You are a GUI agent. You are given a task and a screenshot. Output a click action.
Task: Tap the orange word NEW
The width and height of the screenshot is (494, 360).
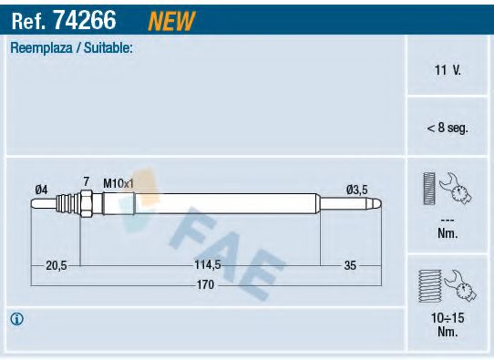170,17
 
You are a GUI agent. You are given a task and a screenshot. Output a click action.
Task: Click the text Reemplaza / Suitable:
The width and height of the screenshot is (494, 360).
71,47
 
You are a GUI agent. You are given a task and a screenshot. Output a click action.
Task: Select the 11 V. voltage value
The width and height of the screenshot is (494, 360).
448,69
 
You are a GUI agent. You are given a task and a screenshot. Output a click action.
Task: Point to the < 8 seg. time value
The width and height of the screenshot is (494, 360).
448,128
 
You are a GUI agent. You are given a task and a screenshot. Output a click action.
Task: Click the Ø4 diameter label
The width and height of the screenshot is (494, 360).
41,189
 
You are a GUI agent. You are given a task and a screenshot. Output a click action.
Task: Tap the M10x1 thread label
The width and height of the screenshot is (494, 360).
118,183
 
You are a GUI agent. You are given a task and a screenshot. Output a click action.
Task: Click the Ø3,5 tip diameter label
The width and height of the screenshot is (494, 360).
356,189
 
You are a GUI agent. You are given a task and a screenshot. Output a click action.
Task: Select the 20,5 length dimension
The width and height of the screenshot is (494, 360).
57,265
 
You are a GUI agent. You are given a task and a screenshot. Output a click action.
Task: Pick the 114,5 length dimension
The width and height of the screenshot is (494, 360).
208,265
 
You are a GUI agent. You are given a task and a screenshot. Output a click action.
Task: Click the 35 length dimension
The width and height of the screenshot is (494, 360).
351,265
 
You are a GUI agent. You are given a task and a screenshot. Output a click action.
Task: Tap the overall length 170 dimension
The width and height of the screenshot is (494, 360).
207,285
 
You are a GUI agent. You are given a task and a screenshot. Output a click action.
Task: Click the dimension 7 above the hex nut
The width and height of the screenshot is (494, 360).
86,182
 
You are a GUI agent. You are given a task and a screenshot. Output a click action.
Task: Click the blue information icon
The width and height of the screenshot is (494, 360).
17,319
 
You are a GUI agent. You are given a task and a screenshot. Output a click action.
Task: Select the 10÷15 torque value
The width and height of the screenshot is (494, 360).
448,318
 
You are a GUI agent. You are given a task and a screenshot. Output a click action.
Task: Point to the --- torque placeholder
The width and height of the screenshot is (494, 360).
448,220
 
